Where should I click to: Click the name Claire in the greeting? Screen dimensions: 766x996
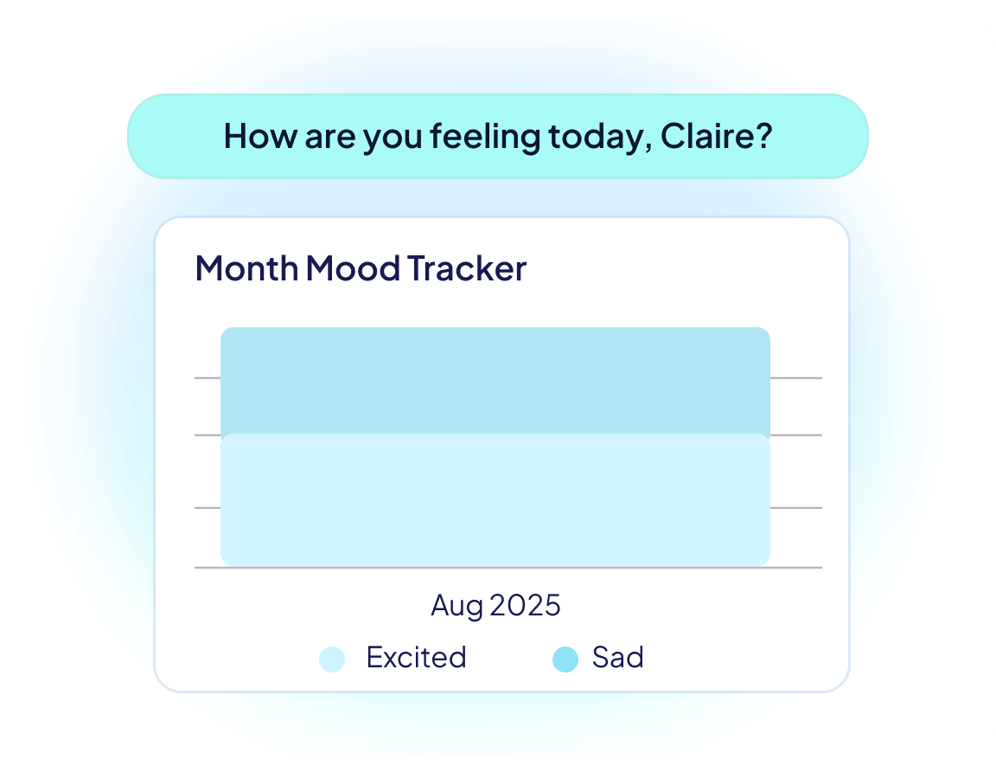pos(706,137)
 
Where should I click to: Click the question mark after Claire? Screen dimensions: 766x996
pos(762,137)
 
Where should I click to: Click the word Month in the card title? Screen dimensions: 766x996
pos(246,268)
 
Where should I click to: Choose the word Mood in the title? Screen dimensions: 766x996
pos(354,268)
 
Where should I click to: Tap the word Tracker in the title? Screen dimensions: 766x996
pos(467,268)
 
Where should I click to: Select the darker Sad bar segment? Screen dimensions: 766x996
pos(495,381)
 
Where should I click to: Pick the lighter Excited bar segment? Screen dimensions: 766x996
pos(495,500)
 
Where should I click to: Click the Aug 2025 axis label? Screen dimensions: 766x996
pos(495,605)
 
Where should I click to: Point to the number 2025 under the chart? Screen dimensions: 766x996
pos(526,605)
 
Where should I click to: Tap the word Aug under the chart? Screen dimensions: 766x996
pos(457,605)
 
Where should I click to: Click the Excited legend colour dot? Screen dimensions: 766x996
pos(332,660)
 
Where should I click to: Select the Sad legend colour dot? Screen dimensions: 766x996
pos(565,660)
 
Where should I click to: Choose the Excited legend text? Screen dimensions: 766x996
pos(416,658)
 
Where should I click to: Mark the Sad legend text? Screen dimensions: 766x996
pos(618,658)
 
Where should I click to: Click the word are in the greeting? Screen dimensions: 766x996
pos(329,137)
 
